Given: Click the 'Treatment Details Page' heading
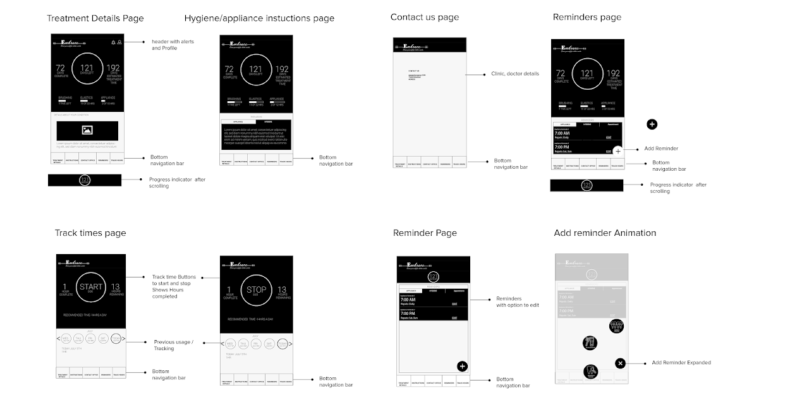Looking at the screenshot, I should pos(95,18).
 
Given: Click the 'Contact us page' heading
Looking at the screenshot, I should pos(425,17).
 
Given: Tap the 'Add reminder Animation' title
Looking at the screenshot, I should pos(605,233).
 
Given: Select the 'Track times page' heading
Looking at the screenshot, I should pos(90,233).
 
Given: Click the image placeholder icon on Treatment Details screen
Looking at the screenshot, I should pos(87,130).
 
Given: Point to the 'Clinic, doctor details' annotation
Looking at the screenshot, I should pos(515,74).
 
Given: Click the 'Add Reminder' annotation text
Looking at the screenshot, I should pos(661,149).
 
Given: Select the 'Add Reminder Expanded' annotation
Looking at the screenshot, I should pos(681,363).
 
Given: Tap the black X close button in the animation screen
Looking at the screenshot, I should pos(620,363).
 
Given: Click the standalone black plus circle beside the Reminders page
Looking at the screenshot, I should pos(652,124).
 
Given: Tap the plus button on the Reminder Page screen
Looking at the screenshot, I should pos(462,366).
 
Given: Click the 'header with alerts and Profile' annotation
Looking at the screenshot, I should pos(173,45).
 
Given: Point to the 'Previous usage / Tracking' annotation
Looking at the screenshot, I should pos(174,345).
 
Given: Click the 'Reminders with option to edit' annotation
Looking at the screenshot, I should pos(517,302).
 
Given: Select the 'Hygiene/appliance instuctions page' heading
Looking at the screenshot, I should pos(259,18).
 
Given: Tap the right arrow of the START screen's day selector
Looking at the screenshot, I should pos(123,339).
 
